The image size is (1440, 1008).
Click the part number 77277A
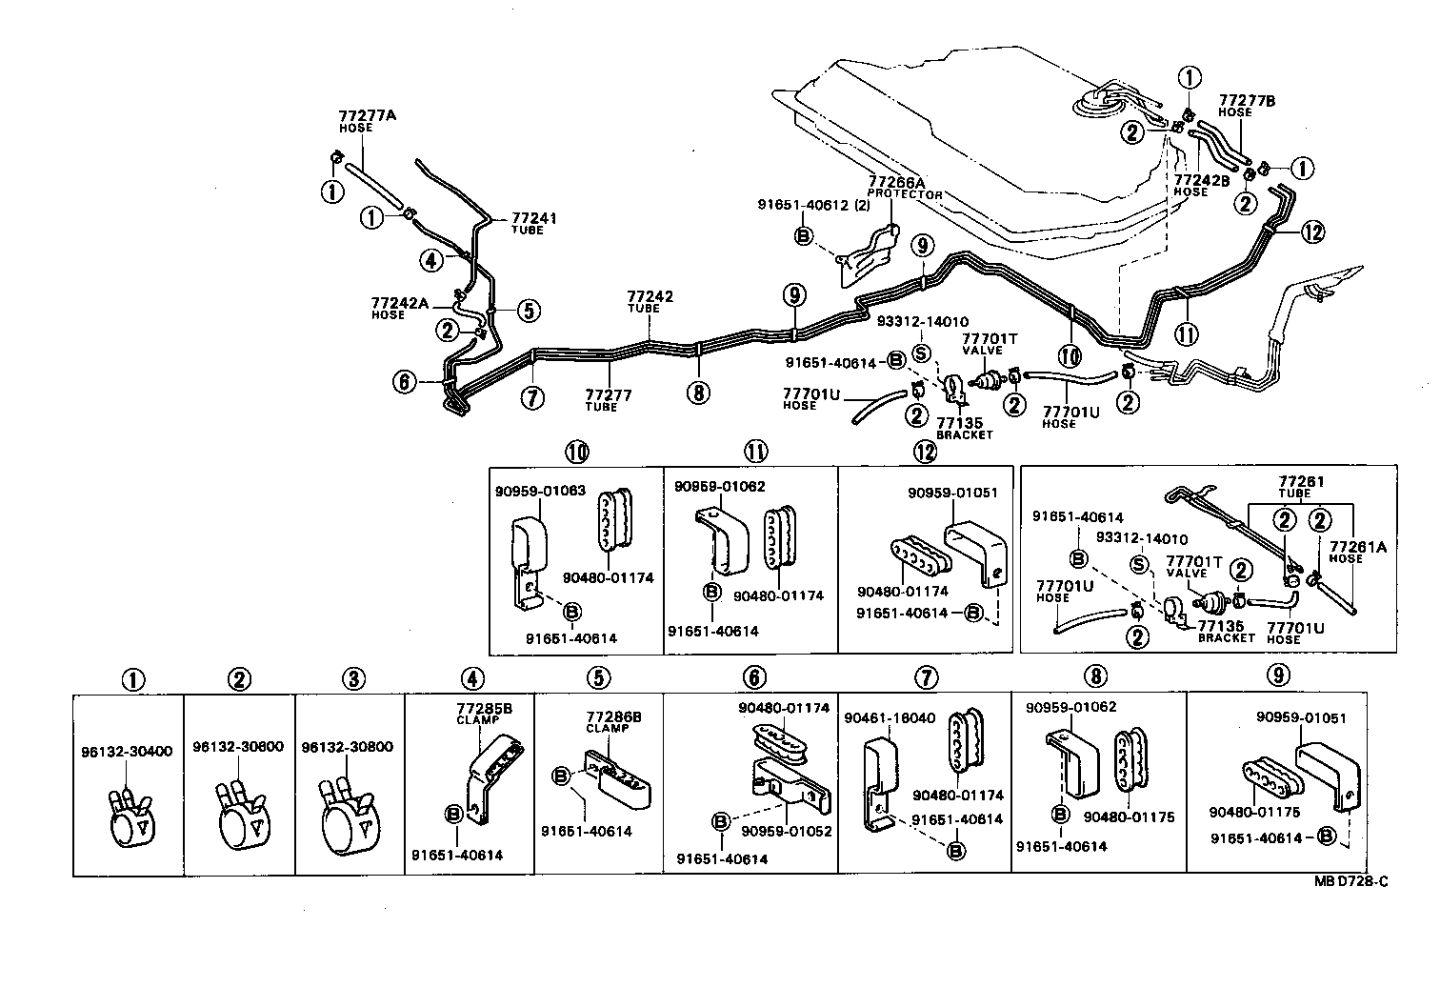[367, 116]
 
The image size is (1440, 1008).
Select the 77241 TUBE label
[533, 223]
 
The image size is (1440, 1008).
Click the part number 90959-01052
[785, 831]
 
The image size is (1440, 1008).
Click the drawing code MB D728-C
[1350, 882]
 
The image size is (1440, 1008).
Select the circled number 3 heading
[353, 679]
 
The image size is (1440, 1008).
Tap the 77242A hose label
[400, 307]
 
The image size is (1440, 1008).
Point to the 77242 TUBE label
[650, 301]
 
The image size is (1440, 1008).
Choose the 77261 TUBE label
[1301, 486]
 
